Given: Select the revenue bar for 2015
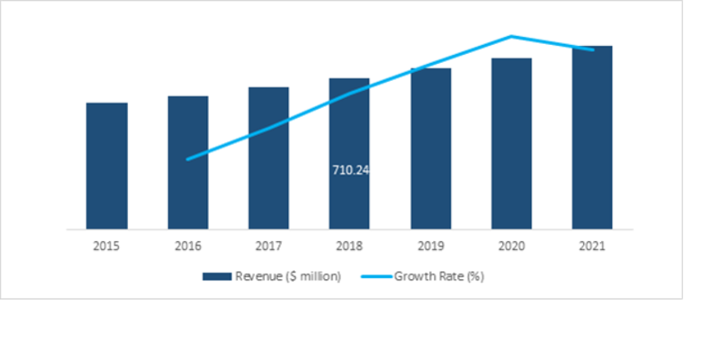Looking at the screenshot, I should [x=106, y=166].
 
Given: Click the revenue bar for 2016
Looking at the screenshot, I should [x=187, y=162].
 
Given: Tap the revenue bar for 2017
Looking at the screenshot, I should [x=268, y=157].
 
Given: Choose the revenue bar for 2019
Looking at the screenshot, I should [x=430, y=148].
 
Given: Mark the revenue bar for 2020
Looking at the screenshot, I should [x=511, y=143].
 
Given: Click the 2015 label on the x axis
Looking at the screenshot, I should [x=106, y=244].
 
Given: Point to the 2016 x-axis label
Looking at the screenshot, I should [x=187, y=244].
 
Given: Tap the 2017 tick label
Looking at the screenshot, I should [x=268, y=244].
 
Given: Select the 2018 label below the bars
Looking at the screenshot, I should [x=349, y=244].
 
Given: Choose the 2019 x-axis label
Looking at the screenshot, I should [x=430, y=244].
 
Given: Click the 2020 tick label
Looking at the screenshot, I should [x=511, y=244].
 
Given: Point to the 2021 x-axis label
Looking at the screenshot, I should [x=592, y=244].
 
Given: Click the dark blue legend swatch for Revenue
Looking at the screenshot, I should [x=217, y=276].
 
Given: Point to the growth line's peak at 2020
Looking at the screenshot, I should [x=511, y=37].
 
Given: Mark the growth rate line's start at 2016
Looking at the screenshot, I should [x=187, y=159].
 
